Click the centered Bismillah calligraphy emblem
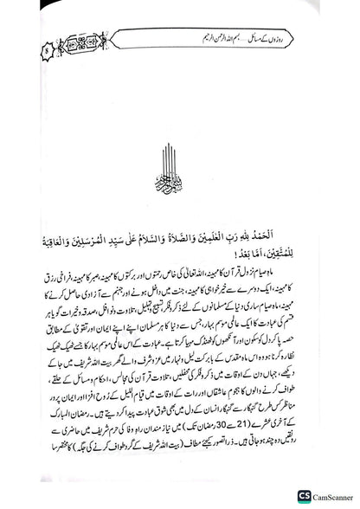[x=179, y=177]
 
